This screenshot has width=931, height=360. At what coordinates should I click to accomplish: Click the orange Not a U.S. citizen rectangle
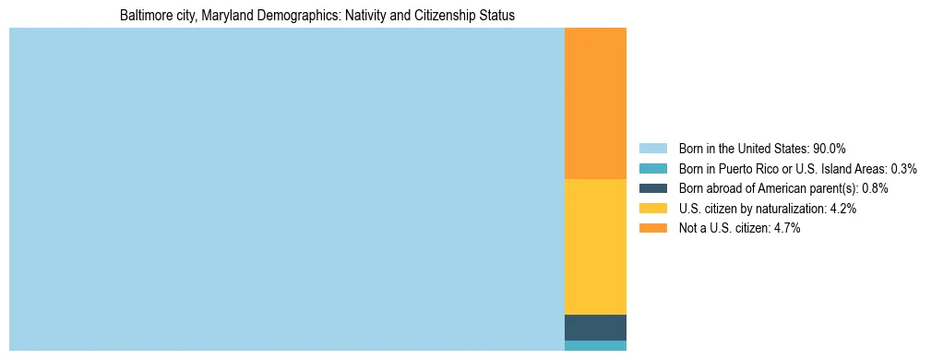(595, 102)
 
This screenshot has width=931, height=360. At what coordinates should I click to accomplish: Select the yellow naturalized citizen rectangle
(595, 246)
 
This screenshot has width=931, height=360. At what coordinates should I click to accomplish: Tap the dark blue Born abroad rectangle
(595, 328)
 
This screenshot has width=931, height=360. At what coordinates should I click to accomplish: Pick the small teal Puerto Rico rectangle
(595, 346)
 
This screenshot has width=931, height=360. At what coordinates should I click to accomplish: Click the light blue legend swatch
(652, 149)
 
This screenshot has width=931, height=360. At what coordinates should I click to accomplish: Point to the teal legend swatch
(652, 169)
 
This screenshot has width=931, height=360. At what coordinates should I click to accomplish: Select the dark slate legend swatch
(652, 188)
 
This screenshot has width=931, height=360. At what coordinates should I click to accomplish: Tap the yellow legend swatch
(652, 209)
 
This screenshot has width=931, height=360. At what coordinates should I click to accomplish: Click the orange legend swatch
(652, 229)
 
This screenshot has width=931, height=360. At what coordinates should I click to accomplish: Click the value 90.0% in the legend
(830, 149)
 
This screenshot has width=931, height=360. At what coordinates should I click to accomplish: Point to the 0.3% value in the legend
(903, 169)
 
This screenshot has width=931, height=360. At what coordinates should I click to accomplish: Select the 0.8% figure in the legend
(875, 188)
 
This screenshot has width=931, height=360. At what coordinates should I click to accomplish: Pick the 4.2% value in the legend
(843, 209)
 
